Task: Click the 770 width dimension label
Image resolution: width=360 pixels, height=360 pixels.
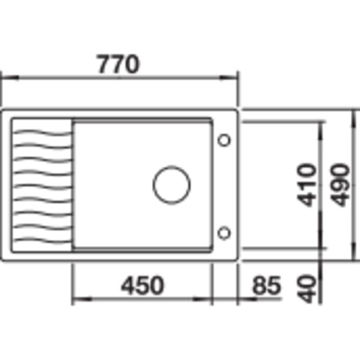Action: [x=118, y=64]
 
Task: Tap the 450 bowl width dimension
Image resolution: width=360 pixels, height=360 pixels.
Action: [x=143, y=286]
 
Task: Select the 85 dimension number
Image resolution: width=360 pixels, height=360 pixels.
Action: [x=266, y=286]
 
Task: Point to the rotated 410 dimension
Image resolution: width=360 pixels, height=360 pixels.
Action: [x=307, y=185]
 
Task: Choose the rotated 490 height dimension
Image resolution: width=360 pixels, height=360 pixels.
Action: [x=340, y=185]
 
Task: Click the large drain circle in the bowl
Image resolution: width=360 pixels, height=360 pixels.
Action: [x=171, y=185]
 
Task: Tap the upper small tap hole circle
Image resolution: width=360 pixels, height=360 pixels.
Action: [x=224, y=140]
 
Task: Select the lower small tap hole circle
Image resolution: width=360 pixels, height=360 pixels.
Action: [x=224, y=233]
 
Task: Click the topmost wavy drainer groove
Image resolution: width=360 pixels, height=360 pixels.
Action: [x=43, y=132]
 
